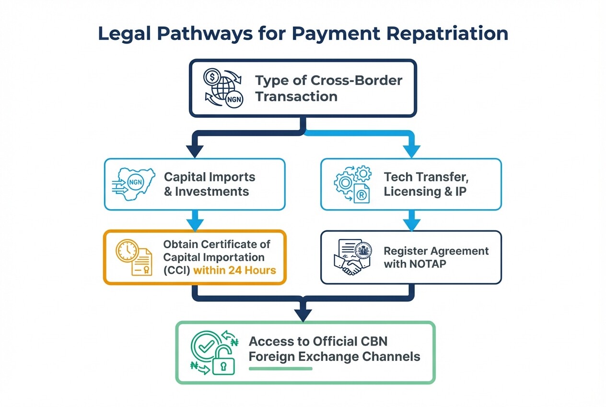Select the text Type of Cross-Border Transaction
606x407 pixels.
tap(328, 88)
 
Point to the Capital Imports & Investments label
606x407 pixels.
tap(210, 184)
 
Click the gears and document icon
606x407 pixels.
tap(352, 184)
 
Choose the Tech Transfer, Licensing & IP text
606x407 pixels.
tap(426, 184)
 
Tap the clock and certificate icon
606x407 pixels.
tap(133, 257)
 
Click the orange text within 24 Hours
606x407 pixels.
tap(234, 270)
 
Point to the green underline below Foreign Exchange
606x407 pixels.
tap(280, 369)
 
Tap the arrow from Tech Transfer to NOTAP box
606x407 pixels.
tap(411, 221)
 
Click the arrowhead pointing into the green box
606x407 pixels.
tap(303, 315)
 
